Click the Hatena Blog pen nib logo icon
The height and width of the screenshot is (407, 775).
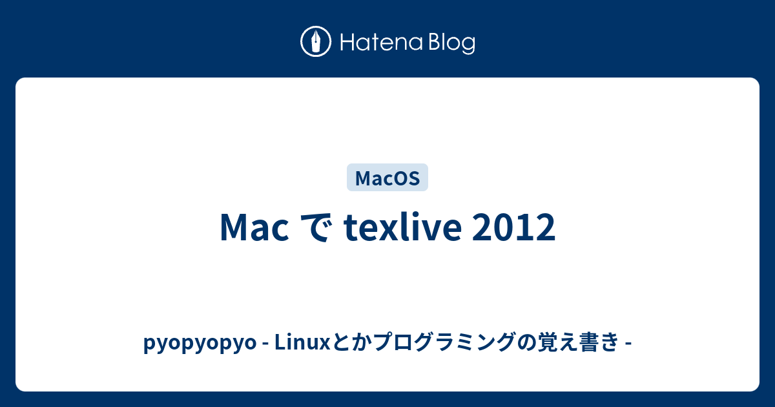click(316, 43)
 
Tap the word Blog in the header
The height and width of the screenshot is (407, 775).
click(450, 43)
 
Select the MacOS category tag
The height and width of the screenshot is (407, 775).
click(387, 178)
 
